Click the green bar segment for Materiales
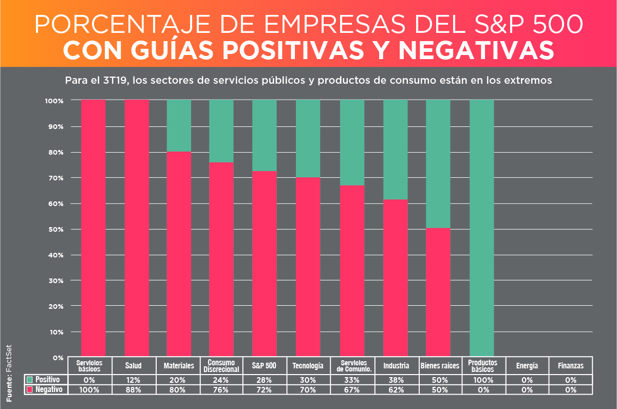coord(179,125)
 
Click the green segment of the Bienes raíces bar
coord(438,163)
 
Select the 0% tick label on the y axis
coord(58,357)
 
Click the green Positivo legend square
coord(30,380)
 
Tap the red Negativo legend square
coord(30,389)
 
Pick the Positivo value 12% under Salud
coord(133,380)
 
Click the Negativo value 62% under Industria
coord(396,390)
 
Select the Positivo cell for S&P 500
coord(264,380)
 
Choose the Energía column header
coord(527,366)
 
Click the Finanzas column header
coord(571,366)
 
